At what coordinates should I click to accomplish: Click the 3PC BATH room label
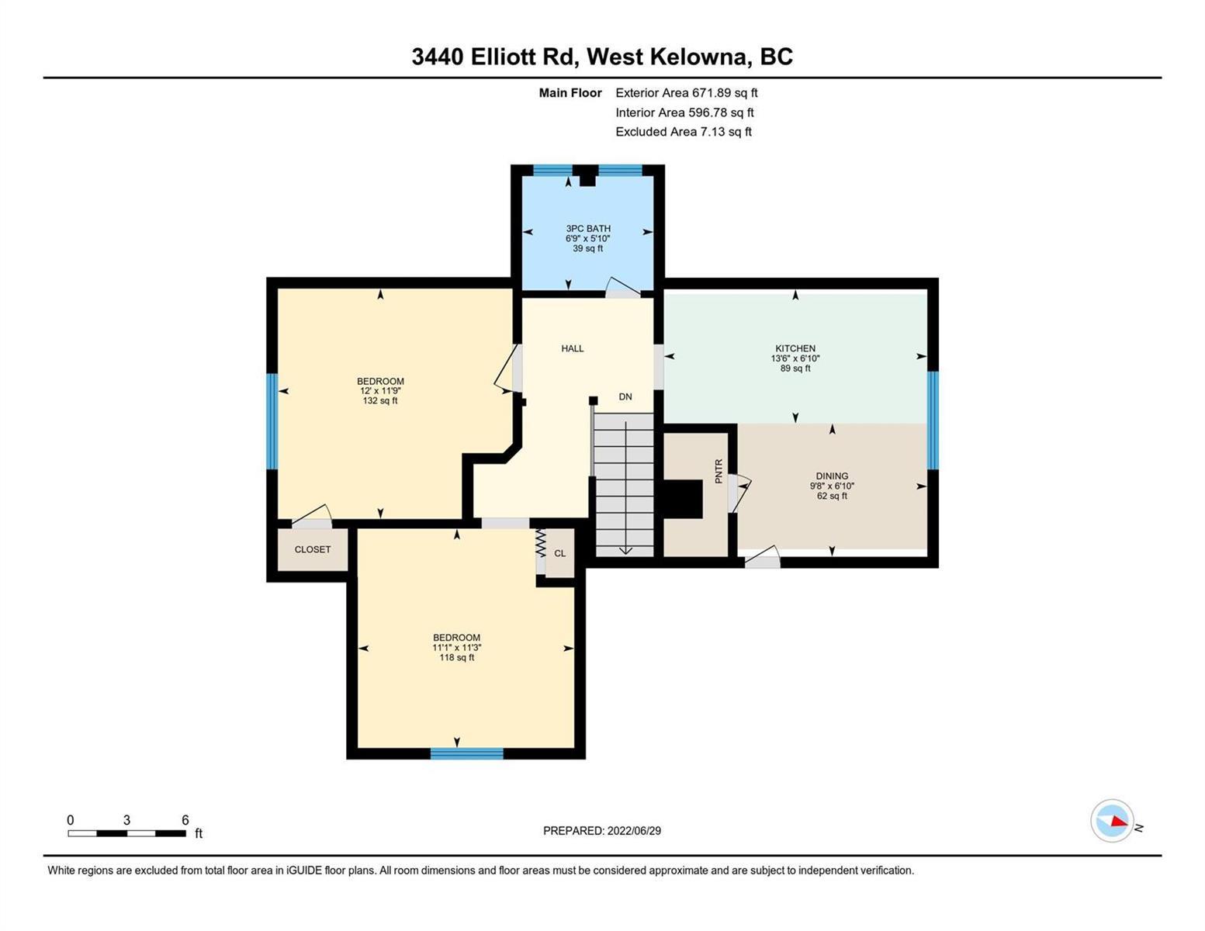[588, 228]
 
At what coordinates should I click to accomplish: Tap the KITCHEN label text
[795, 348]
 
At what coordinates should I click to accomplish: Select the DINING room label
[832, 476]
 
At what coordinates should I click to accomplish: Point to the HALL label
[573, 348]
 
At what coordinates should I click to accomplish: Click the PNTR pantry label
[718, 472]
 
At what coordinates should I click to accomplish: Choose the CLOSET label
[312, 549]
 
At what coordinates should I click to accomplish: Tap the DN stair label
[625, 396]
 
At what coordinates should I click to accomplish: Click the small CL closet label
[560, 553]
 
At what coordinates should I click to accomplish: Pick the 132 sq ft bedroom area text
[380, 400]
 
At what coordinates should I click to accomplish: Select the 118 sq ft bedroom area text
[456, 657]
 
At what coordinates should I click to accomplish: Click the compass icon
[1111, 821]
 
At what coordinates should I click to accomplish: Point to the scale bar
[127, 833]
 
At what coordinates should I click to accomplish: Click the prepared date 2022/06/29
[634, 831]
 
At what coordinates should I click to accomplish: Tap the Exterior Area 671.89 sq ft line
[687, 92]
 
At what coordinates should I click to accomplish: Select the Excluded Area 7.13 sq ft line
[684, 131]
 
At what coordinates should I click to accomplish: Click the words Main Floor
[570, 92]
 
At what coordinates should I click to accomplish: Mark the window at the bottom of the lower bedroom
[467, 753]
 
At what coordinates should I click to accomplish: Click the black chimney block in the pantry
[683, 499]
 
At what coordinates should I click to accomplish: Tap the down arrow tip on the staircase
[625, 553]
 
